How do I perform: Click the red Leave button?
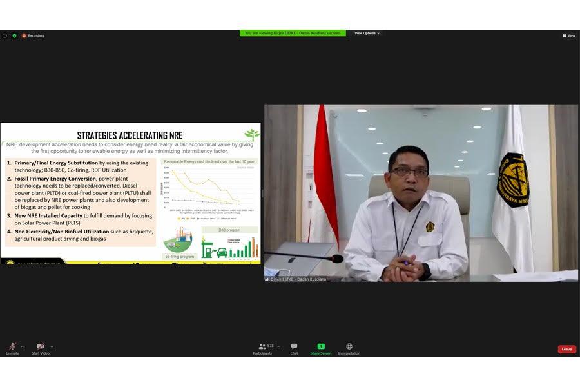click(566, 349)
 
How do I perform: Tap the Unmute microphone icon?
click(12, 346)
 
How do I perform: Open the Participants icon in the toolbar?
click(262, 346)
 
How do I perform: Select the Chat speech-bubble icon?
click(294, 346)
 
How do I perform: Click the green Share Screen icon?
click(321, 346)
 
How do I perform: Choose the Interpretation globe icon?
click(349, 346)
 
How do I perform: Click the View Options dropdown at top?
click(367, 33)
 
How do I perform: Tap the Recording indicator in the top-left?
click(33, 35)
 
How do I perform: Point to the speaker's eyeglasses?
click(409, 172)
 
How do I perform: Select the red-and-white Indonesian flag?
click(323, 181)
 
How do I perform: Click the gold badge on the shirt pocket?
click(430, 226)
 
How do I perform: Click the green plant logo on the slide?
click(252, 134)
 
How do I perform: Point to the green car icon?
click(222, 252)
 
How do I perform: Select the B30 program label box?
click(229, 230)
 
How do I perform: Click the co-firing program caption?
click(180, 256)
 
